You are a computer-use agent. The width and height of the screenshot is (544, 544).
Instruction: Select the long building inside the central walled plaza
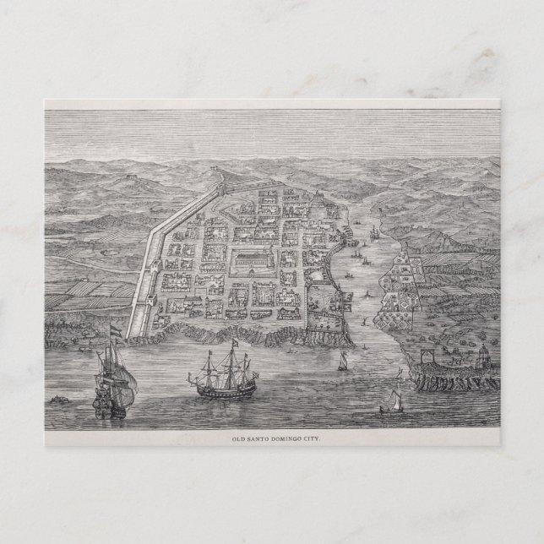[254, 257]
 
